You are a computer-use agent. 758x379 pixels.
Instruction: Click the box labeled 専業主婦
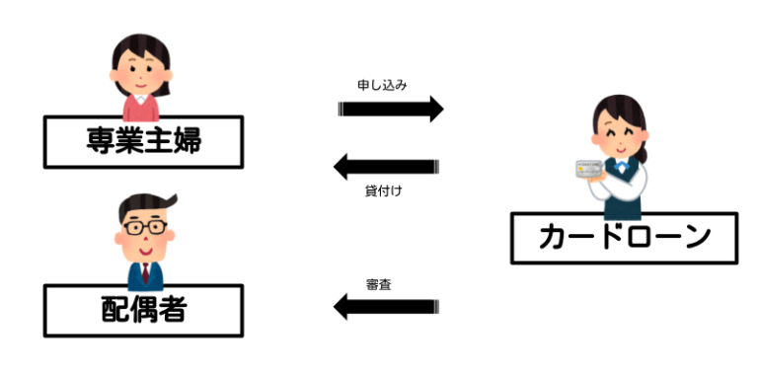[143, 141]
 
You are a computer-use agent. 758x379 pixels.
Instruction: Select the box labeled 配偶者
[143, 311]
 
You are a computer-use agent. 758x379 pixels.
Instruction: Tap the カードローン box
[624, 238]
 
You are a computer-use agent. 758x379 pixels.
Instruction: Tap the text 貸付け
[383, 189]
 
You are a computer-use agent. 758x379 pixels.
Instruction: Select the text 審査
[378, 284]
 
